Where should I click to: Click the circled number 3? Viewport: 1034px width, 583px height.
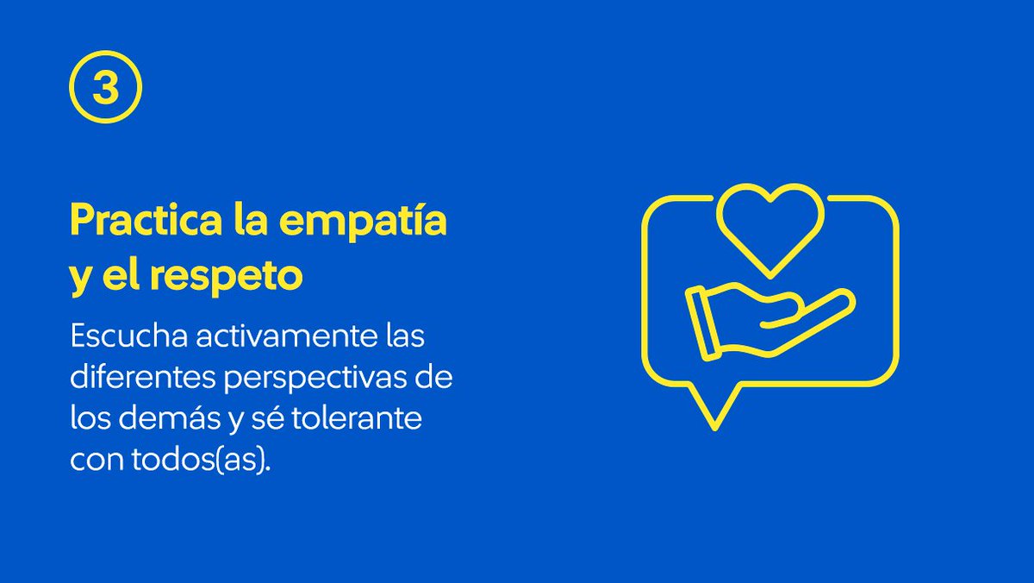pyautogui.click(x=104, y=90)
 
